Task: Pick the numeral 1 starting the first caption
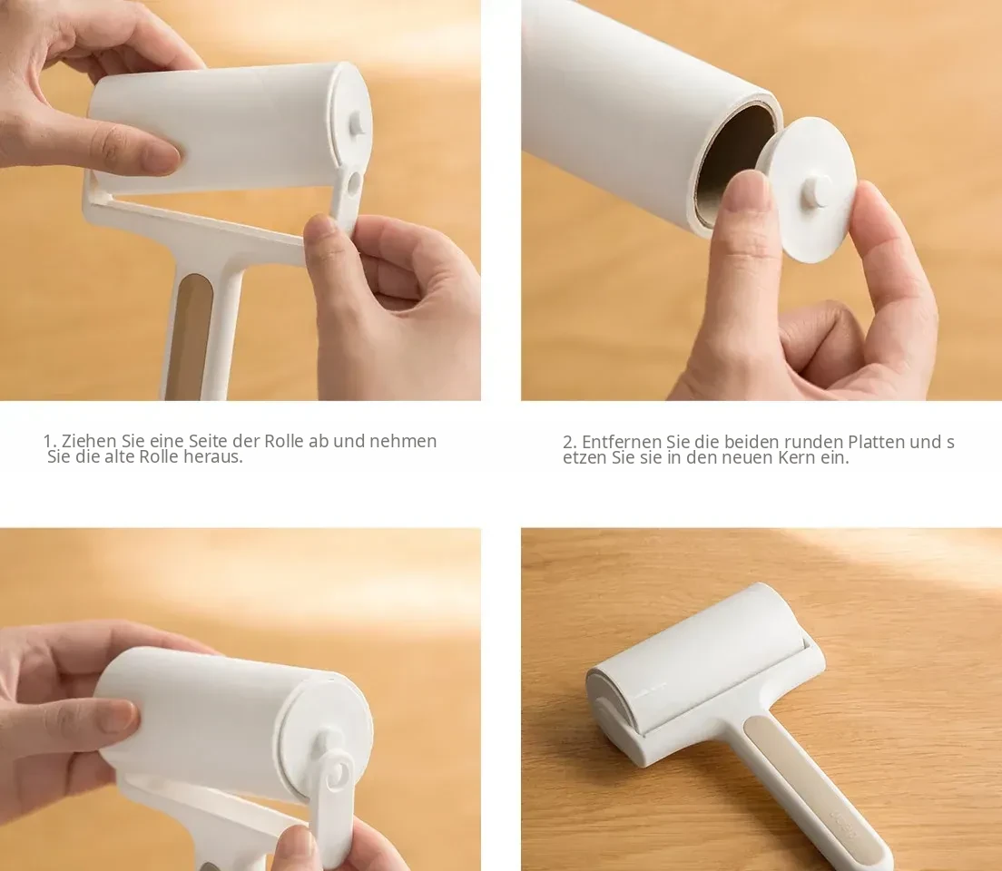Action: [49, 441]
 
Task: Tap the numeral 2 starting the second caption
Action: [569, 442]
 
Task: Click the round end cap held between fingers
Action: [810, 190]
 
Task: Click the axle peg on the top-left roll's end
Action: [358, 125]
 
